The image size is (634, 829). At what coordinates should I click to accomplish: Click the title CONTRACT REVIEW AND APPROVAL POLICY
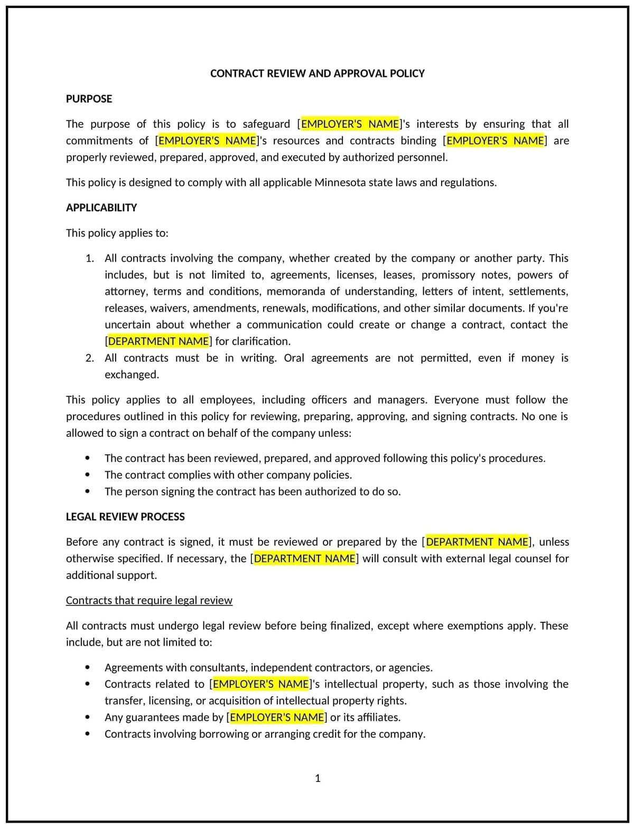(317, 73)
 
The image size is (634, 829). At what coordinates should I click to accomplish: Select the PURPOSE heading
(89, 99)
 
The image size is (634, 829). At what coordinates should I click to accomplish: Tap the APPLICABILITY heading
(101, 208)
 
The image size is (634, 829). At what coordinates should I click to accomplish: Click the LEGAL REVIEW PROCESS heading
(125, 517)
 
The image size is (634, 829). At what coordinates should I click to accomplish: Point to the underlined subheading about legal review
(149, 600)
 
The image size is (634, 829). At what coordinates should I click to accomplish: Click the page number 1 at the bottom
(318, 778)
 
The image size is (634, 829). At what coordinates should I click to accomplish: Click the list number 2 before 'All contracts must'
(89, 358)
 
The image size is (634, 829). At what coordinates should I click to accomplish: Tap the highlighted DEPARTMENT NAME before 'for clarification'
(158, 341)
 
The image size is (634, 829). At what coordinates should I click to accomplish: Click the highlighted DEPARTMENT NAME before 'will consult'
(304, 558)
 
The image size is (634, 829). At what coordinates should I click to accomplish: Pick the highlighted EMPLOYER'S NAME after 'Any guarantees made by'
(277, 717)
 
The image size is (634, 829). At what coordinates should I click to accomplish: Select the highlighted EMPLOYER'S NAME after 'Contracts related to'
(260, 684)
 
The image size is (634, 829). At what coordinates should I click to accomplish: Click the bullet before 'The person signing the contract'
(88, 491)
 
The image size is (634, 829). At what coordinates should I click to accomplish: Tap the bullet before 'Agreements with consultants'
(88, 667)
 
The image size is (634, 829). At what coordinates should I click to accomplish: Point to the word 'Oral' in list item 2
(294, 358)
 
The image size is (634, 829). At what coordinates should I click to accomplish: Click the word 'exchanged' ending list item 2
(131, 375)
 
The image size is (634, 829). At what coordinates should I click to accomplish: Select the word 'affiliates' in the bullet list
(377, 717)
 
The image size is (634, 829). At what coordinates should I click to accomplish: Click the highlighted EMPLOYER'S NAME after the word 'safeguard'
(350, 124)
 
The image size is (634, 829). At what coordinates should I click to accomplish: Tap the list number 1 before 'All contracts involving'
(89, 258)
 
